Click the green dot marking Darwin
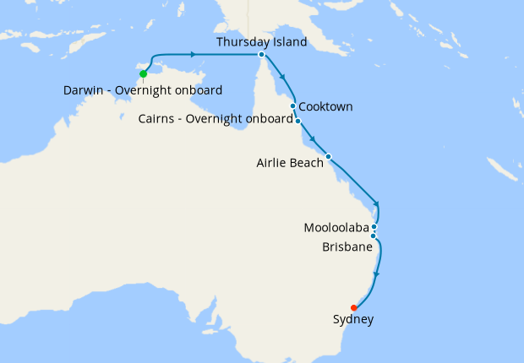tap(144, 73)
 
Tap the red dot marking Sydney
tap(353, 307)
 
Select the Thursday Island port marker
tap(261, 55)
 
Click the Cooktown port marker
tap(293, 106)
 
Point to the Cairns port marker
tap(298, 121)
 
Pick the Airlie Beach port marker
tap(329, 156)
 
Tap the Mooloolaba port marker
tap(374, 227)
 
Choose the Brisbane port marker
tap(373, 236)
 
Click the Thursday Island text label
tap(261, 41)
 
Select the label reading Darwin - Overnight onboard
tap(143, 90)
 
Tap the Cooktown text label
tap(325, 106)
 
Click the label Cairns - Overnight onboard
tap(216, 119)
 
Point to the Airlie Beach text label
tap(290, 163)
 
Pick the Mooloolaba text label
tap(335, 228)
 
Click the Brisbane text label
tap(347, 247)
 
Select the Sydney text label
tap(353, 320)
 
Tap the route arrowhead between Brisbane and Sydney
tap(376, 274)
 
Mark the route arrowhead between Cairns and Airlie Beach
tap(313, 139)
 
